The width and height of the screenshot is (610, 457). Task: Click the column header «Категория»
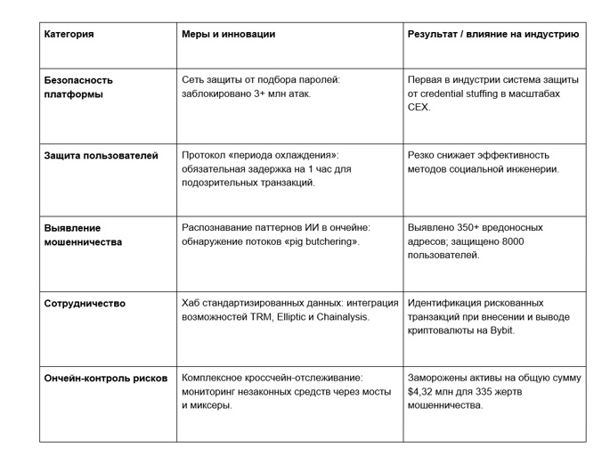(69, 35)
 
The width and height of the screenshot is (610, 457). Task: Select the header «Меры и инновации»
(228, 35)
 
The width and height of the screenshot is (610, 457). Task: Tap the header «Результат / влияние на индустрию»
(493, 35)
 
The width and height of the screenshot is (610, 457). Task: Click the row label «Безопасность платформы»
(78, 86)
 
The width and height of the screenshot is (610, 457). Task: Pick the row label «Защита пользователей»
(101, 155)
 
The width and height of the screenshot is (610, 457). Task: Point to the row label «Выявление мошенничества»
(83, 234)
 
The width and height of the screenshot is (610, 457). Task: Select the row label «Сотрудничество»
(85, 304)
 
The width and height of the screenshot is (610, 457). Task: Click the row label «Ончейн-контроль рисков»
(105, 378)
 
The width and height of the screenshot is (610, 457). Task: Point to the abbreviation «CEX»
(419, 107)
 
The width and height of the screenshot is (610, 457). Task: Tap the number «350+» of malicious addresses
(464, 228)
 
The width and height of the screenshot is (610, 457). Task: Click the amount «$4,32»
(424, 391)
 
